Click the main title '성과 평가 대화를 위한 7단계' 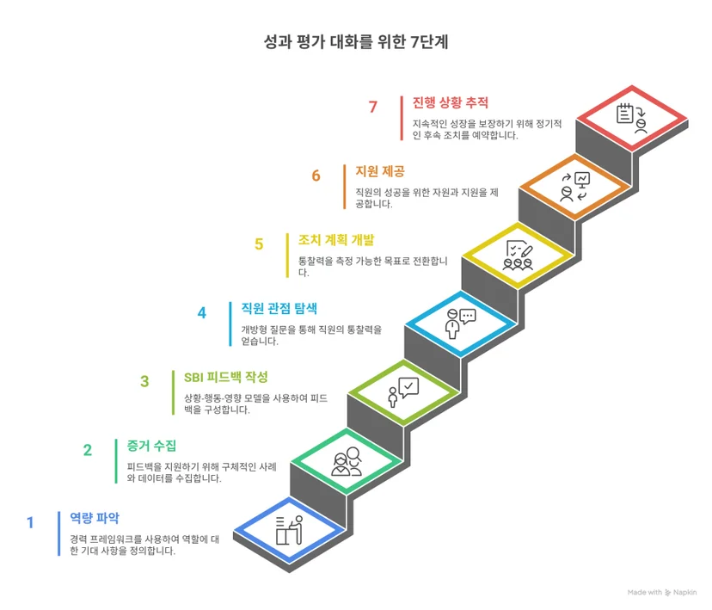(356, 42)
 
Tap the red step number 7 (373, 107)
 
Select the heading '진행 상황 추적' (450, 102)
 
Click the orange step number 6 (316, 176)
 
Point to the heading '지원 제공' (379, 171)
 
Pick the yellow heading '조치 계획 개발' (336, 240)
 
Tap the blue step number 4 (201, 312)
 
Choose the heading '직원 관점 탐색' (279, 308)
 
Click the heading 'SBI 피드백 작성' (225, 377)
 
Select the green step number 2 (88, 450)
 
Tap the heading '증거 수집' (151, 446)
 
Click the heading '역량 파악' (95, 518)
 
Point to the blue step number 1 (30, 522)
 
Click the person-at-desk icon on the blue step (289, 530)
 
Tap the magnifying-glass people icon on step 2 (347, 461)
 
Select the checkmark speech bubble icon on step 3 (403, 392)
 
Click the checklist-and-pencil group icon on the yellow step (518, 256)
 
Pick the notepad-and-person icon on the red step (632, 118)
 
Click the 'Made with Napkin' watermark (661, 592)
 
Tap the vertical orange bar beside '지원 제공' (345, 187)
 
